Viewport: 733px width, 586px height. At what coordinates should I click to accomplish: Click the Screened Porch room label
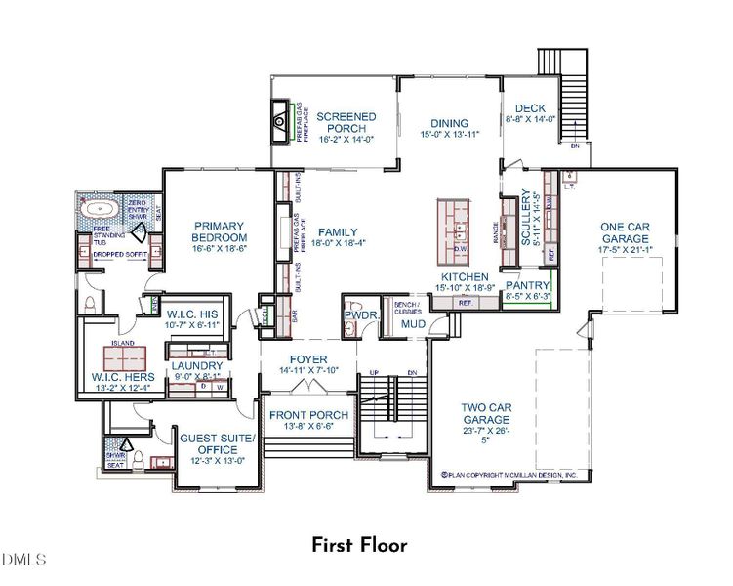346,123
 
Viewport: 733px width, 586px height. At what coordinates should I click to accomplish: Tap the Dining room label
450,124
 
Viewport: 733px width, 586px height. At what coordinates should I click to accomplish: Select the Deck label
531,108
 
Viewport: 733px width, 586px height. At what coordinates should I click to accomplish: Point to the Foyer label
308,359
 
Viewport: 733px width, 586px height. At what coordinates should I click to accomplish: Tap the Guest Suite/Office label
216,439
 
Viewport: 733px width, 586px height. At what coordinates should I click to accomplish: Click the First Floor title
359,545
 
